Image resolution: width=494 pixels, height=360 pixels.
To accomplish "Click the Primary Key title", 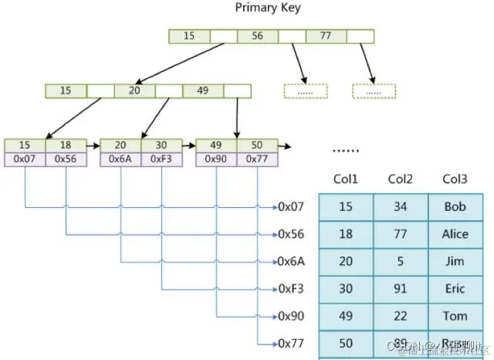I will tap(268, 8).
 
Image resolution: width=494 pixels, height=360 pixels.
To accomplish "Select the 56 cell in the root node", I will tap(257, 36).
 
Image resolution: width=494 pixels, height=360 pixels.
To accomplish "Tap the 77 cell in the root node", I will tap(326, 36).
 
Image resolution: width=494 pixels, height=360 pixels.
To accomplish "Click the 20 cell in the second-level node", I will tap(134, 90).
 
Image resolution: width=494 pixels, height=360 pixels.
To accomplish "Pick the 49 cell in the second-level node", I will tap(203, 90).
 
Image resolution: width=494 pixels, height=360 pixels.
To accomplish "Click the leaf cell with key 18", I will tap(66, 145).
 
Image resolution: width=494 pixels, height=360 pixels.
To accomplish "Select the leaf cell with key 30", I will tap(161, 145).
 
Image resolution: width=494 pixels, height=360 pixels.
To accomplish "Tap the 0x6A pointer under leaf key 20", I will tap(120, 159).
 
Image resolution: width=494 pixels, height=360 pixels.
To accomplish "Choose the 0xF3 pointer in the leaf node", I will tap(161, 159).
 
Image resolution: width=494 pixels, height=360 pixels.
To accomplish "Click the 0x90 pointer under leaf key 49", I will tap(216, 159).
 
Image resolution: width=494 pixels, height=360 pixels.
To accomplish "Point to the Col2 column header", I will tap(401, 179).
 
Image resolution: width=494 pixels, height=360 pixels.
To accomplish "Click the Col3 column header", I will tap(455, 179).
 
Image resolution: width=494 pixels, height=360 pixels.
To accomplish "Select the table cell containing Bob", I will tap(455, 207).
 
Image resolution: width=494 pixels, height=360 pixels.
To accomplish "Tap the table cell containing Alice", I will tap(455, 234).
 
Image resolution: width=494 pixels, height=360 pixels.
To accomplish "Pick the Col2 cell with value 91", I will tap(401, 289).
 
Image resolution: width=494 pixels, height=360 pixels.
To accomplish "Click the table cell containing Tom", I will tap(455, 316).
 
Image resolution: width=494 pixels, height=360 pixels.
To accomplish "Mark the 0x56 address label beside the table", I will tap(292, 234).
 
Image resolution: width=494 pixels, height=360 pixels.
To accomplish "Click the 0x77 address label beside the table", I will tap(292, 343).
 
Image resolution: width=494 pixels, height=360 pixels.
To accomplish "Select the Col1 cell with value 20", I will tap(346, 262).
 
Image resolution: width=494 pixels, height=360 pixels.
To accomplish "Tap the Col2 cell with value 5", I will tap(401, 262).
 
